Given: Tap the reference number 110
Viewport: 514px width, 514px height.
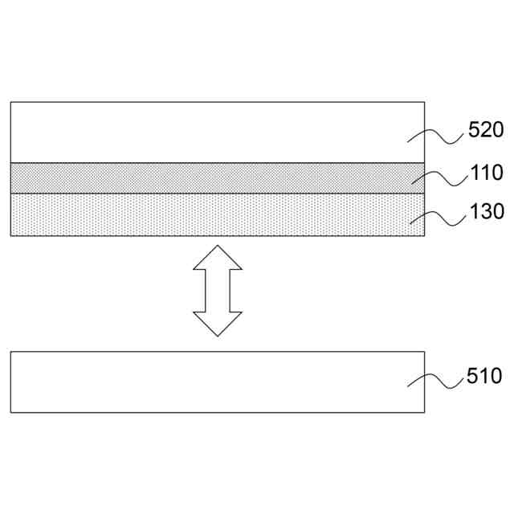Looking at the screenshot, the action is [486, 173].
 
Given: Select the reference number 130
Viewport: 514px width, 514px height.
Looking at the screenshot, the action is [486, 212].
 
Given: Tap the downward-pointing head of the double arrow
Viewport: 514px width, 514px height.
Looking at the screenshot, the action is [218, 323].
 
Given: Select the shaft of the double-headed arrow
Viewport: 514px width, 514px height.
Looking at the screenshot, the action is [218, 291].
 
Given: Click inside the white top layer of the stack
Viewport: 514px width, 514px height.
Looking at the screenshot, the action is [201, 133].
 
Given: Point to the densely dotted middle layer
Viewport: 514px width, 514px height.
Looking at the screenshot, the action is [201, 178].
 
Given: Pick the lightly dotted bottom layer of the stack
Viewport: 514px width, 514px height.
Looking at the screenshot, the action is [201, 214].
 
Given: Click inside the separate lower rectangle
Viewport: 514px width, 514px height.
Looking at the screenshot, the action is [201, 382].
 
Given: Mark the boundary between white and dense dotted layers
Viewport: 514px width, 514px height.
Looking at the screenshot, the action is [201, 164].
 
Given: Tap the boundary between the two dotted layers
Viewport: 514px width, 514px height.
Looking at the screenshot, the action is [201, 194].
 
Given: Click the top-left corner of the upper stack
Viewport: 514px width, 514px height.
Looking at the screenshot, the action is [11, 103].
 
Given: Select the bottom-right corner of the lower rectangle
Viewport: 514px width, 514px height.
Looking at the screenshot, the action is [424, 413].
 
